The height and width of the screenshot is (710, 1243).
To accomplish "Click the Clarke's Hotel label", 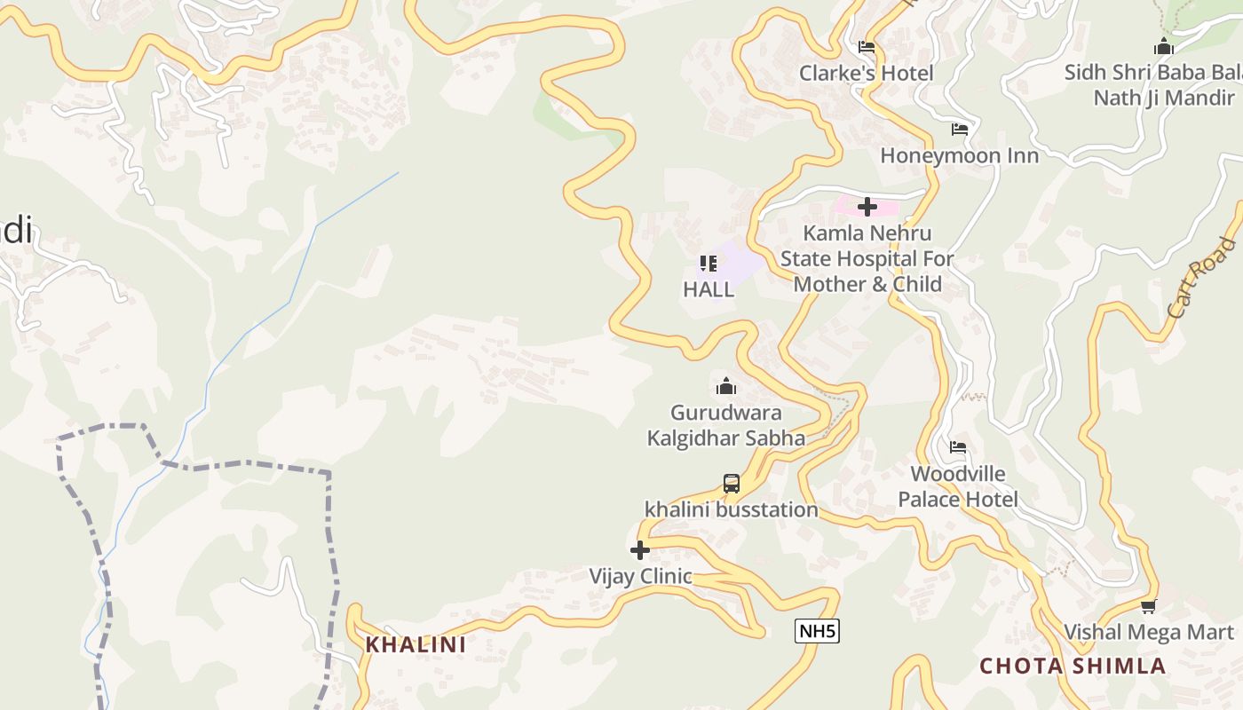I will point(866,73).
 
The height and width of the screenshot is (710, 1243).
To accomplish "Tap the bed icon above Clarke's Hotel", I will point(867,47).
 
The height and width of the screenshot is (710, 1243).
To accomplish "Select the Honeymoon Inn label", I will point(959,155).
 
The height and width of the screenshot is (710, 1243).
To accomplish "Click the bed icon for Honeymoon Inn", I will point(959,130).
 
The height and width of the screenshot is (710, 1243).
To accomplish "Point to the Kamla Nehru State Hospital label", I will point(867,258).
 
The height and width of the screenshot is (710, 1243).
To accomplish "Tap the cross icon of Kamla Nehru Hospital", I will point(867,207).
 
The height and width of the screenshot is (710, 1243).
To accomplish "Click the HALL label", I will point(709,289).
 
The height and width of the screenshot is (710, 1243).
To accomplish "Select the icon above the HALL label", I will point(708,264).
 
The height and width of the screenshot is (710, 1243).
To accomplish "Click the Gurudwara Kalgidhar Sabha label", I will point(726,425).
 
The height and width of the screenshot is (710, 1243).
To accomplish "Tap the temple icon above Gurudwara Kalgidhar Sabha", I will point(726,386).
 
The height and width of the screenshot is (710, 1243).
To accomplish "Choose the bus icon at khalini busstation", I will point(731,484).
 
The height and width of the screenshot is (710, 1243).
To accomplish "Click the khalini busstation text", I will point(731,509).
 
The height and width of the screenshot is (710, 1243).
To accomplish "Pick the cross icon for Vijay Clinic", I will point(639,550).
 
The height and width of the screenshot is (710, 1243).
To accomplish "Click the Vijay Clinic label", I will point(640,576).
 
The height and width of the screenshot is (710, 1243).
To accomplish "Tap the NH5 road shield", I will point(817,631).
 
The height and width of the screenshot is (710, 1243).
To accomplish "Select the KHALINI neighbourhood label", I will point(416,645).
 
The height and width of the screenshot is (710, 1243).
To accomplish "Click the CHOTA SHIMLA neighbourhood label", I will point(1073,667).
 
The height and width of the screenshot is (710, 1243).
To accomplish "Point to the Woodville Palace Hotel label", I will point(958,486).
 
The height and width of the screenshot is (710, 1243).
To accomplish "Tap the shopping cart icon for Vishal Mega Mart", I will point(1148,607).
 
